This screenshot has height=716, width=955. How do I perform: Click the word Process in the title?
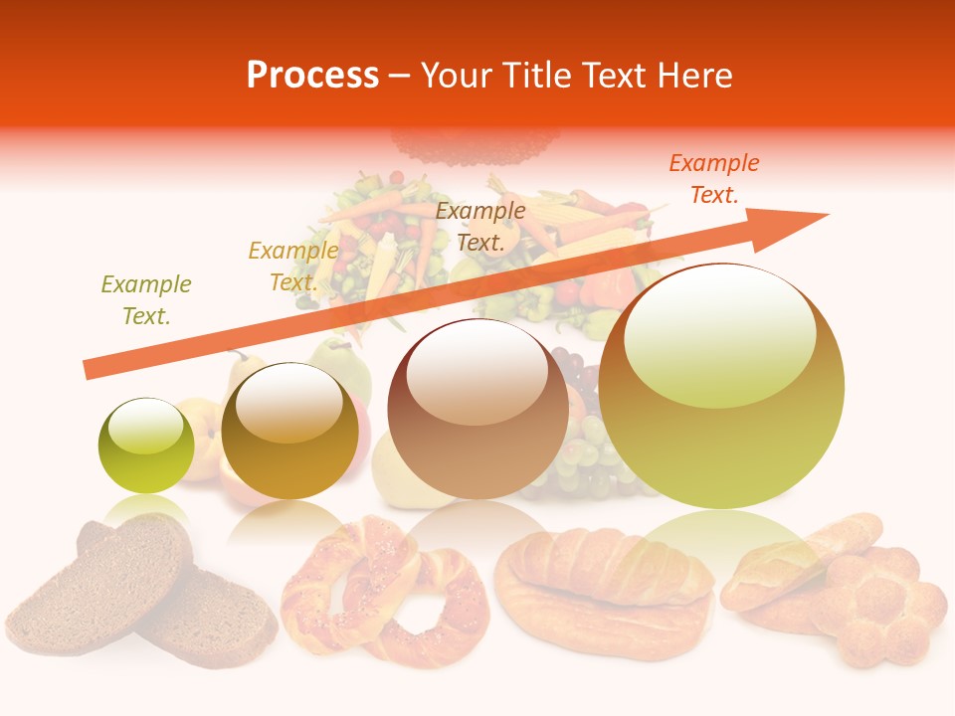tap(312, 76)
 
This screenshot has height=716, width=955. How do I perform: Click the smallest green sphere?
tap(146, 447)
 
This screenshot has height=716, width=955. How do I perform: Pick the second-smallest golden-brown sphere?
tap(289, 432)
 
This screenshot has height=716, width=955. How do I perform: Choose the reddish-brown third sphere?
tap(477, 409)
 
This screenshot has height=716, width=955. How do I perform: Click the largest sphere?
tap(721, 388)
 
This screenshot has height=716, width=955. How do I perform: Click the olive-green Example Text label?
tap(146, 300)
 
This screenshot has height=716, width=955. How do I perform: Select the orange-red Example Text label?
tap(714, 179)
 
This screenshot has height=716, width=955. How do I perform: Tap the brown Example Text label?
tap(480, 226)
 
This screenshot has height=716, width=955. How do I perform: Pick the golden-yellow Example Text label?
tap(293, 267)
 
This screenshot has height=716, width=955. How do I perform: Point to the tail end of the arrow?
tap(88, 370)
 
